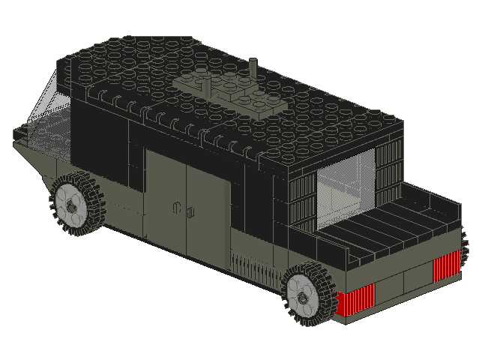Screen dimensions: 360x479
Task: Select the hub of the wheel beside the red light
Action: [302, 297]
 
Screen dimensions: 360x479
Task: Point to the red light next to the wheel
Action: [352, 301]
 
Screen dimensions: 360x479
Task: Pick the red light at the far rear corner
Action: [448, 264]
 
